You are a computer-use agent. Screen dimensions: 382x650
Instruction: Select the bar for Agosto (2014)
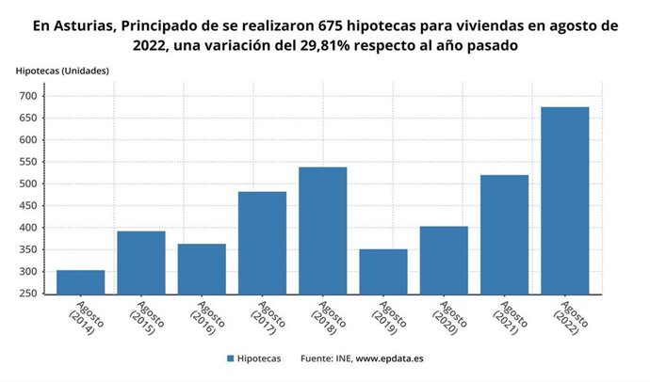[81, 282]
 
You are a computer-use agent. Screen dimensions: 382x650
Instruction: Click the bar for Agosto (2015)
[141, 263]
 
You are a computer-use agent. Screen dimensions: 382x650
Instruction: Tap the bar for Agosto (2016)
[202, 269]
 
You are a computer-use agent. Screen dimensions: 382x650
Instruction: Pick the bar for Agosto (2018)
[323, 231]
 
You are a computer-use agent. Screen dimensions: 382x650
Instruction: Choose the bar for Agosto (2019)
[383, 272]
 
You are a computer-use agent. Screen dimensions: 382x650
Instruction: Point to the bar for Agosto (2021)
[504, 234]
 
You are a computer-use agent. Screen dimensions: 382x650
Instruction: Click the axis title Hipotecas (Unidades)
[62, 71]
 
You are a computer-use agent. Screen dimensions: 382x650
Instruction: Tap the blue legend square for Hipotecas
[230, 358]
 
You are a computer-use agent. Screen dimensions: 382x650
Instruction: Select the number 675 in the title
[334, 25]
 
